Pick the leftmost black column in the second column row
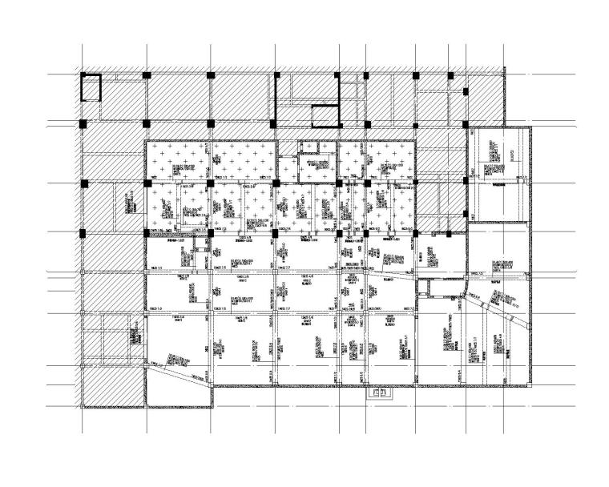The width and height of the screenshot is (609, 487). pyautogui.click(x=83, y=123)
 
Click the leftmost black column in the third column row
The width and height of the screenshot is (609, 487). pyautogui.click(x=83, y=185)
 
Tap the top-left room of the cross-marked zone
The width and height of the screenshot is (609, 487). pyautogui.click(x=177, y=163)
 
